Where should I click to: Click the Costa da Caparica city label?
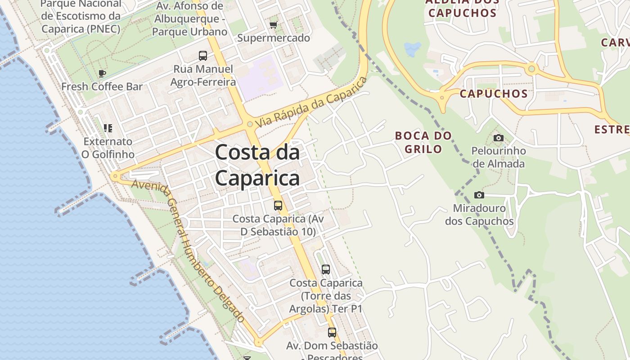pyautogui.click(x=257, y=165)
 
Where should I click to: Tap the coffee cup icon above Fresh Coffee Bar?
pyautogui.click(x=102, y=73)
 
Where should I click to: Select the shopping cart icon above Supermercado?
pyautogui.click(x=273, y=25)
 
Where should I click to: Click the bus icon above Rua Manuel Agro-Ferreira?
pyautogui.click(x=203, y=56)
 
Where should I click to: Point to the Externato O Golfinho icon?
pyautogui.click(x=108, y=128)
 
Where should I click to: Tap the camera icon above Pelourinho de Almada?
pyautogui.click(x=498, y=138)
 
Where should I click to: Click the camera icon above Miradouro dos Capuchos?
pyautogui.click(x=479, y=195)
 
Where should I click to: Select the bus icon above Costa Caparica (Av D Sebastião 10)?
pyautogui.click(x=278, y=206)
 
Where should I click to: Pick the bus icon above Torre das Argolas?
pyautogui.click(x=326, y=270)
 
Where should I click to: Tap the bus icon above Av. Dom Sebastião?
pyautogui.click(x=332, y=333)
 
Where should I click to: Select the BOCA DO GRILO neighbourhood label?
pyautogui.click(x=423, y=142)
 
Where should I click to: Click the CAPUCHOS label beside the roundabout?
pyautogui.click(x=493, y=94)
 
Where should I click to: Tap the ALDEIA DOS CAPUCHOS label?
pyautogui.click(x=462, y=7)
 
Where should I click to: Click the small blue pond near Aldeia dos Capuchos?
pyautogui.click(x=413, y=48)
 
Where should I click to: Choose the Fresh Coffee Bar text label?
pyautogui.click(x=102, y=86)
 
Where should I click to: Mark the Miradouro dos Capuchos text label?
pyautogui.click(x=479, y=215)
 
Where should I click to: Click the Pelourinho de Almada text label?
pyautogui.click(x=498, y=157)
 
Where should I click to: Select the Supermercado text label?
pyautogui.click(x=274, y=38)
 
